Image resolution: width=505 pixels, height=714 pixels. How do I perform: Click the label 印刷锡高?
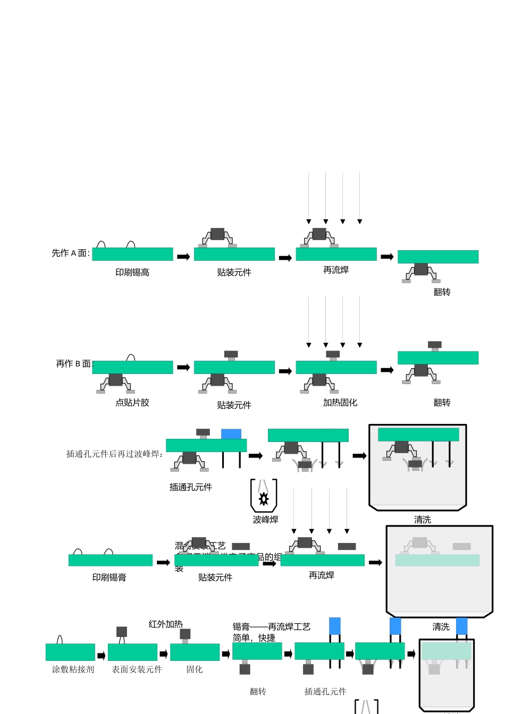(x=132, y=273)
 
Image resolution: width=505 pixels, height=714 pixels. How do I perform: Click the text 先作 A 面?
(x=71, y=253)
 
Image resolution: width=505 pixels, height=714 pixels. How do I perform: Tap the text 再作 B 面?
(x=74, y=364)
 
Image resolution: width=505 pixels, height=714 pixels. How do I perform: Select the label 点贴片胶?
(x=132, y=403)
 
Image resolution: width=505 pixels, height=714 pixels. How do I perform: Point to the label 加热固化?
(x=340, y=403)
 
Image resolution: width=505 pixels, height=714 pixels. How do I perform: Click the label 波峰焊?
(x=265, y=520)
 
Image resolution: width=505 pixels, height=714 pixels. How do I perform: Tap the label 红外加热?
(x=165, y=624)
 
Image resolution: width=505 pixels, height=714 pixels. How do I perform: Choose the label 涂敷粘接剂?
(x=73, y=669)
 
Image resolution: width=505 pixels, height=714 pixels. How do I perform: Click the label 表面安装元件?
(x=137, y=669)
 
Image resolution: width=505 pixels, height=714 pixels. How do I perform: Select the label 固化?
(x=195, y=669)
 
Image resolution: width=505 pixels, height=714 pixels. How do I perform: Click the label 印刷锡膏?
(x=109, y=577)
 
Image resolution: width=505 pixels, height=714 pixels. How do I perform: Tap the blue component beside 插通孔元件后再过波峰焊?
(x=231, y=434)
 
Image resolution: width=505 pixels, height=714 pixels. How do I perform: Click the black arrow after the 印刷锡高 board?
(x=183, y=257)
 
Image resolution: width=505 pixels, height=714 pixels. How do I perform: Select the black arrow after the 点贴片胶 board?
(x=183, y=368)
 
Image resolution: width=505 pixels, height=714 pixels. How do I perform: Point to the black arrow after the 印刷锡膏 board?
(x=163, y=563)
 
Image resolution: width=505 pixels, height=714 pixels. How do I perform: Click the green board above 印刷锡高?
(x=132, y=254)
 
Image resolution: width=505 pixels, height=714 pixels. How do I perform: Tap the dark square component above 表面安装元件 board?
(x=122, y=632)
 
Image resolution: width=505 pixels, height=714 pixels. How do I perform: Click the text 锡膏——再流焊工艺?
(x=272, y=627)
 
